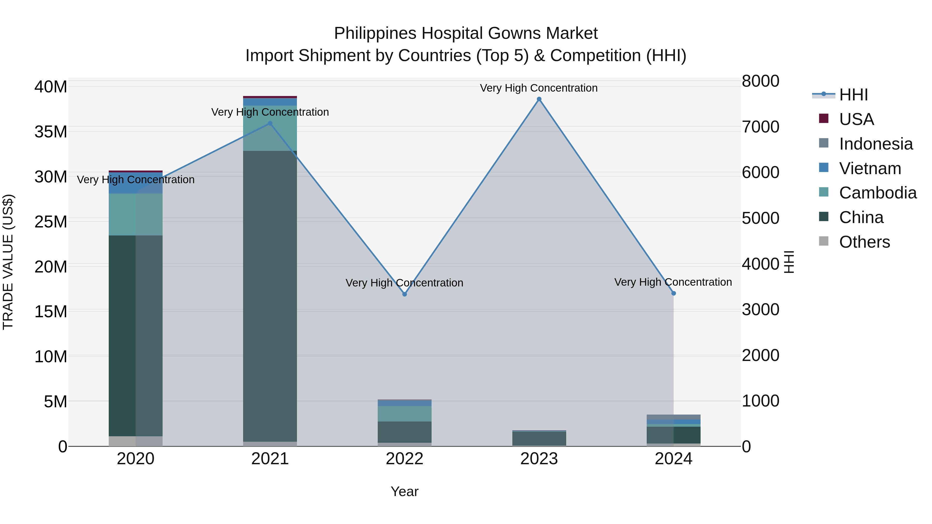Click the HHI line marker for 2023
point(539,99)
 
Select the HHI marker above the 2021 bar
point(270,123)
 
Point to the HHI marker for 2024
point(673,293)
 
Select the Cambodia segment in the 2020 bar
point(136,215)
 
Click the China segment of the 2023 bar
point(539,438)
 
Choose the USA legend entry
point(856,119)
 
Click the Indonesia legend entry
point(876,144)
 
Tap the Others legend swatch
point(824,241)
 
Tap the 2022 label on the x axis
point(404,459)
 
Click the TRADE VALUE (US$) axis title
point(8,262)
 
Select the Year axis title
point(404,491)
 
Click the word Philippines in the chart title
point(375,33)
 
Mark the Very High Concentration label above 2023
point(539,88)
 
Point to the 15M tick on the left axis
point(51,311)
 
